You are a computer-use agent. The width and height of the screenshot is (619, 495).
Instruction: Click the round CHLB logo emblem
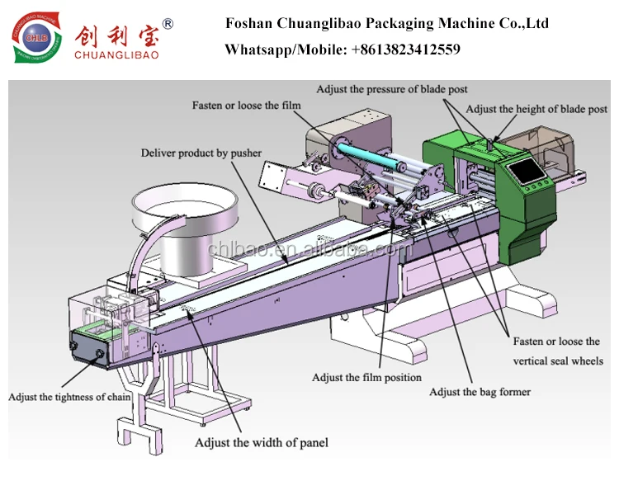[x=35, y=39]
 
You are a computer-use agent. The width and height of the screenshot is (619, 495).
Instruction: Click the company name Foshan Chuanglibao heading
[x=386, y=23]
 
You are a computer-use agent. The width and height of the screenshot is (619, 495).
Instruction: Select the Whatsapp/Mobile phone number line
[x=343, y=49]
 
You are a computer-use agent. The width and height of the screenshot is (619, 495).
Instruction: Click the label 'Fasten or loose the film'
[x=247, y=106]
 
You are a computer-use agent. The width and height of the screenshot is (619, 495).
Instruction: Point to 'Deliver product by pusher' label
[x=201, y=153]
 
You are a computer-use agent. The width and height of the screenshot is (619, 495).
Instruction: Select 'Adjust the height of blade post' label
[x=536, y=109]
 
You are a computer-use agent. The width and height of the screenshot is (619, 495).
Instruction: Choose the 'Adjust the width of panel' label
[x=261, y=443]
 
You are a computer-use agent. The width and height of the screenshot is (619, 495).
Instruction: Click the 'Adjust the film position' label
[x=366, y=378]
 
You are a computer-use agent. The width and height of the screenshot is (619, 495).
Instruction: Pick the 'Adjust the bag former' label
[x=480, y=392]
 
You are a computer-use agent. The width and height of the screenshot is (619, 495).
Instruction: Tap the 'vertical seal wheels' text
[x=558, y=361]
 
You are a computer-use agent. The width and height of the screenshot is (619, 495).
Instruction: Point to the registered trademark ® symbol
[x=168, y=24]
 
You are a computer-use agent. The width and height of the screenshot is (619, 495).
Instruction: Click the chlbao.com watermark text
[x=309, y=250]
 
